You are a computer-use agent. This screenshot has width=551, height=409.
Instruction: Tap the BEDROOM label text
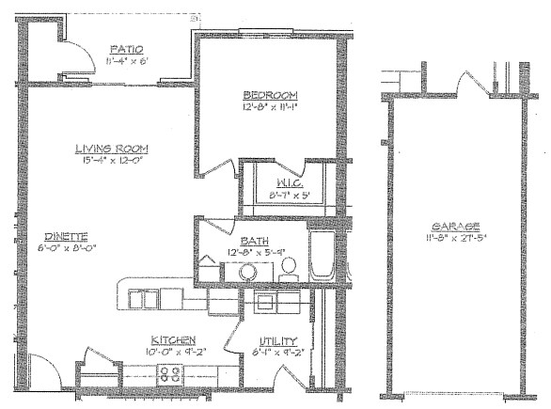[270, 95]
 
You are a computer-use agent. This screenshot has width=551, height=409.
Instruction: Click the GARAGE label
[454, 228]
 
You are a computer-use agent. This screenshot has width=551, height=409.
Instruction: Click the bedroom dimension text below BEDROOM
[270, 106]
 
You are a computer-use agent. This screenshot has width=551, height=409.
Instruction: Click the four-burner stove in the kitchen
[170, 374]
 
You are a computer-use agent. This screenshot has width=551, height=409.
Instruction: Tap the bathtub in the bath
[322, 251]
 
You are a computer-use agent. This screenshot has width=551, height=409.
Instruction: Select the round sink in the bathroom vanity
[248, 272]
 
